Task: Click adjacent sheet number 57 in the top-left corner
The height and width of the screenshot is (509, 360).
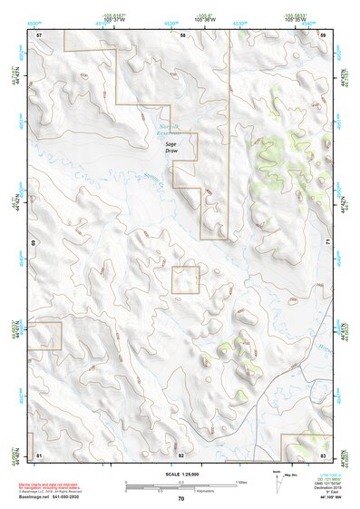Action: pos(39,34)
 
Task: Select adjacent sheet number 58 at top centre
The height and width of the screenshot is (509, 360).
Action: pos(182,34)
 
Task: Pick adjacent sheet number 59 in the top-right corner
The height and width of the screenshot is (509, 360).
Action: pos(323,34)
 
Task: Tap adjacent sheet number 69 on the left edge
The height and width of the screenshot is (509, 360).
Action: pos(34,243)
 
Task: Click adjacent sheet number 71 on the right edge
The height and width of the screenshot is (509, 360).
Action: pos(327,243)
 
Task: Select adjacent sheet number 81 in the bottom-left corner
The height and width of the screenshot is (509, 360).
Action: pos(39,454)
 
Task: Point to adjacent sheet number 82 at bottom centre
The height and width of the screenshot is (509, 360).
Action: pos(180,454)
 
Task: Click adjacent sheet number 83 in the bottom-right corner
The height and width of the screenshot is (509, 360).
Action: pos(323,454)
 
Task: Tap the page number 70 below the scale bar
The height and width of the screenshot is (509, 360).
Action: pos(180,498)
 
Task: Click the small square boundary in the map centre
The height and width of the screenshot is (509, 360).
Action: pos(186,279)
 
